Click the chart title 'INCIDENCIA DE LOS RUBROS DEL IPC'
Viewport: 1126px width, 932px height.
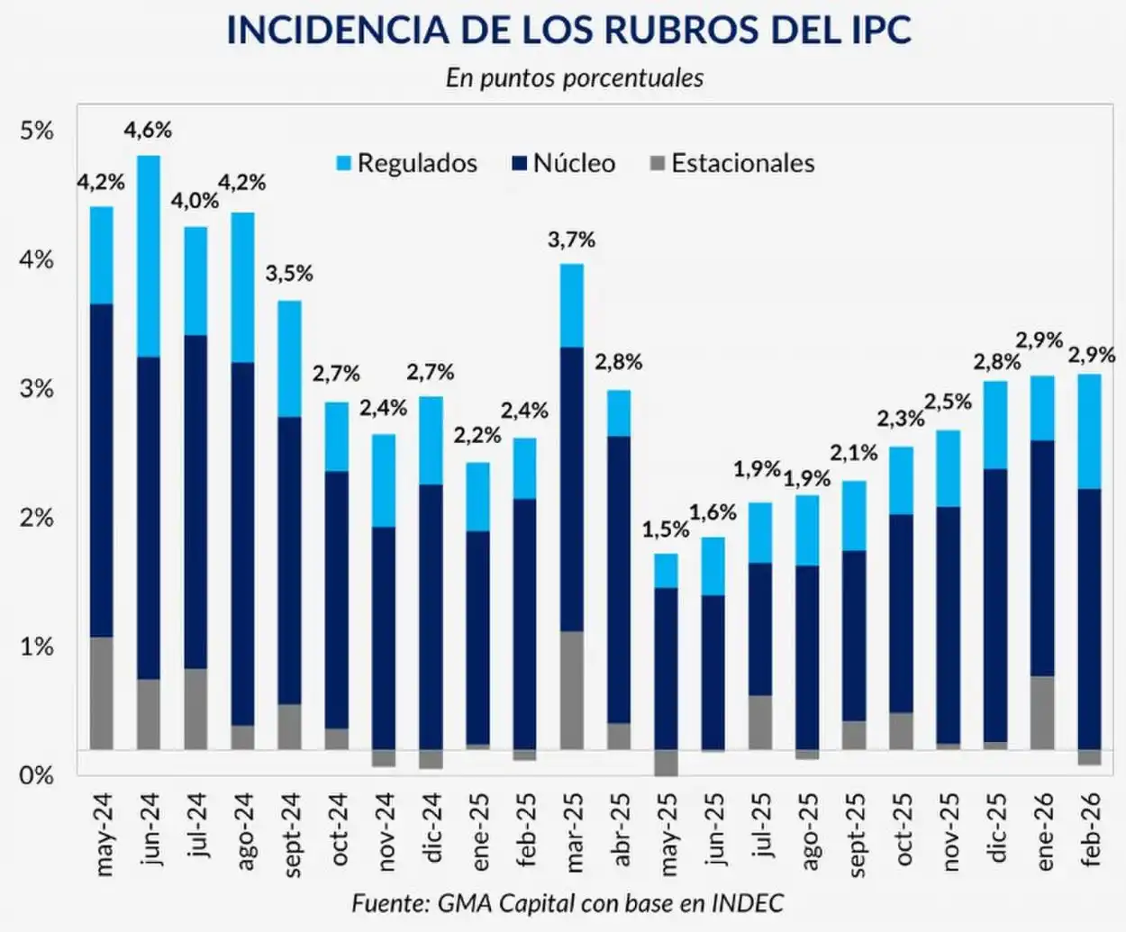[568, 31]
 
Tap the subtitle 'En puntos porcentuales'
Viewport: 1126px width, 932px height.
[574, 77]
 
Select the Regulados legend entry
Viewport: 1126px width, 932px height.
[406, 163]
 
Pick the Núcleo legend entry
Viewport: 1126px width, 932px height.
[563, 163]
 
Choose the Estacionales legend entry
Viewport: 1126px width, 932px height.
[731, 163]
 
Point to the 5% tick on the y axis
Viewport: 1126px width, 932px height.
[37, 131]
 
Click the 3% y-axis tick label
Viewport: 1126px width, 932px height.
[37, 389]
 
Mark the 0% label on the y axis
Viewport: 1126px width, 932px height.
[37, 774]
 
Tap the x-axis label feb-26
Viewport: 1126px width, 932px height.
[1090, 829]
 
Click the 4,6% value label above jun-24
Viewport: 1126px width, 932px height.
[149, 130]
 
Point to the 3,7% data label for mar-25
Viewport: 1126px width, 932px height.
[572, 240]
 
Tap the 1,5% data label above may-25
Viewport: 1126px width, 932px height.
[665, 529]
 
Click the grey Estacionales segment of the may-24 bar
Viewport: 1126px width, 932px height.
[102, 693]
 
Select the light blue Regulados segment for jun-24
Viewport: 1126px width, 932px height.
[149, 256]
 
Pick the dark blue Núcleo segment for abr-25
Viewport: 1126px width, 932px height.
[619, 579]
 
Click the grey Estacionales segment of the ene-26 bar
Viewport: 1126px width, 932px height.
[1042, 712]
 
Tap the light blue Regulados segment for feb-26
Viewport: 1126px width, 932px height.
[1089, 431]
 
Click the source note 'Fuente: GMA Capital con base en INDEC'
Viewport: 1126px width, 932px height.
[568, 902]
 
